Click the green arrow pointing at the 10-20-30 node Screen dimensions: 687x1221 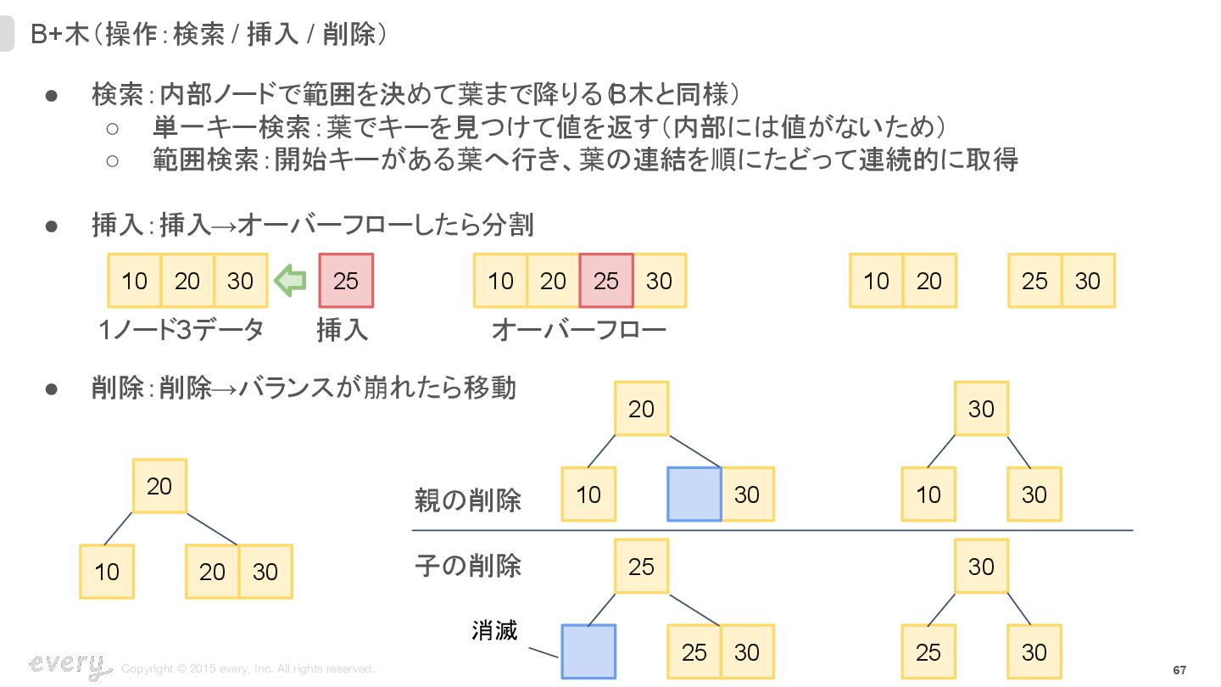pyautogui.click(x=290, y=281)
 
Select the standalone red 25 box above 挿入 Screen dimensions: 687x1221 pyautogui.click(x=345, y=281)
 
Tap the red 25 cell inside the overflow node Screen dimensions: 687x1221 pyautogui.click(x=606, y=281)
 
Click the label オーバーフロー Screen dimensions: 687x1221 pyautogui.click(x=579, y=330)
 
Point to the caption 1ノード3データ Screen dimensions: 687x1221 pyautogui.click(x=181, y=330)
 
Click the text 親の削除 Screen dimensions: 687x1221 pyautogui.click(x=467, y=500)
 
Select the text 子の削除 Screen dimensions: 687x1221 pyautogui.click(x=467, y=565)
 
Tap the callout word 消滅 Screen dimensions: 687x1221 pyautogui.click(x=493, y=630)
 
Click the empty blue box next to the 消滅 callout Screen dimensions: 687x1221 pyautogui.click(x=588, y=652)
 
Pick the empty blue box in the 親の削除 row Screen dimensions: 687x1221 pyautogui.click(x=694, y=494)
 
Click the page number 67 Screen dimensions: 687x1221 pyautogui.click(x=1179, y=670)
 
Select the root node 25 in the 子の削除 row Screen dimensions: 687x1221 pyautogui.click(x=641, y=566)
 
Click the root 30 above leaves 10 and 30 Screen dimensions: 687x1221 pyautogui.click(x=981, y=409)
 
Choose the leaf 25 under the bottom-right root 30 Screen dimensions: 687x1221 pyautogui.click(x=928, y=652)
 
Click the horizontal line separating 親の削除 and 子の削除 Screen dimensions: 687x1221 pyautogui.click(x=772, y=531)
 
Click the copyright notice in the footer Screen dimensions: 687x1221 pyautogui.click(x=248, y=669)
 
